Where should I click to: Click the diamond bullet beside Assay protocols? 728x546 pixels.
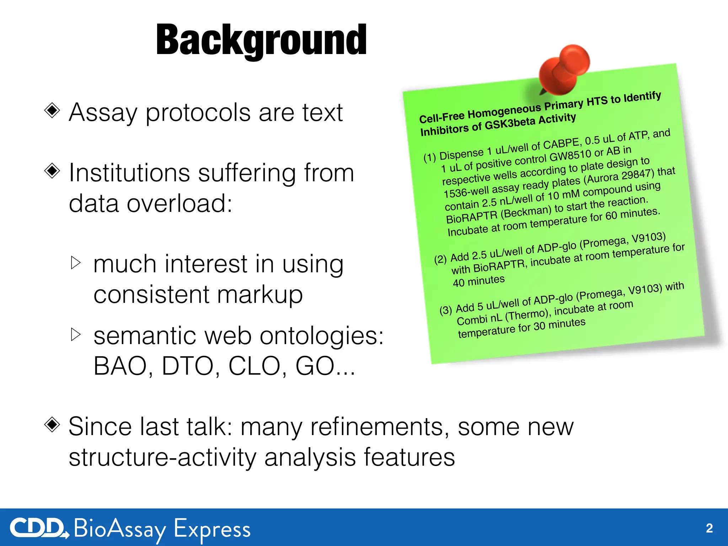(52, 111)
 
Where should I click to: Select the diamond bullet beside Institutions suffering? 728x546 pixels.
(52, 171)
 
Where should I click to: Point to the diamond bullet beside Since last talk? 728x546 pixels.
(52, 424)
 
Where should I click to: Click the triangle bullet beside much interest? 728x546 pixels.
(76, 263)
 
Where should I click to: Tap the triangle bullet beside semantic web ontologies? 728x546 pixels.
(76, 334)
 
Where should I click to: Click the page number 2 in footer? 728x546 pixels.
(709, 528)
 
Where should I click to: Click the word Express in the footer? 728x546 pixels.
(212, 529)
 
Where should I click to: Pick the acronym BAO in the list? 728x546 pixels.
(120, 366)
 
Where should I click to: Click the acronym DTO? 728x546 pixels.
(187, 366)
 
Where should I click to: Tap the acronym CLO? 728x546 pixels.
(254, 366)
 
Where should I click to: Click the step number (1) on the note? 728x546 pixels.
(429, 157)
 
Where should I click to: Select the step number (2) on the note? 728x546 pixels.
(440, 259)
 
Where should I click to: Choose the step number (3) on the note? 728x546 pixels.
(445, 310)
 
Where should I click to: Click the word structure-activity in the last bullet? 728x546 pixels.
(162, 457)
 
